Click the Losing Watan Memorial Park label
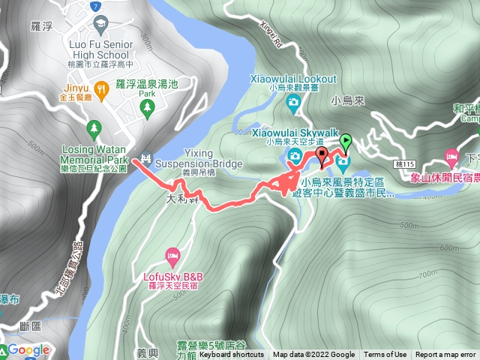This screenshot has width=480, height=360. pos(94,154)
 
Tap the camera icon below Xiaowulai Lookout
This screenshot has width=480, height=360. pos(298,100)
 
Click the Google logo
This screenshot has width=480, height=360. pos(28,349)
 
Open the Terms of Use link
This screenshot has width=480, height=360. pos(385,355)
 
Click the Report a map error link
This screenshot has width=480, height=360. pos(445,355)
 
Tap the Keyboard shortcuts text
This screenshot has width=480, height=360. pos(232,355)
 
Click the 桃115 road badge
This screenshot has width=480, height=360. pos(404,163)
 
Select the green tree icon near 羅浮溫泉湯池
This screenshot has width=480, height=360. pos(148,108)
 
